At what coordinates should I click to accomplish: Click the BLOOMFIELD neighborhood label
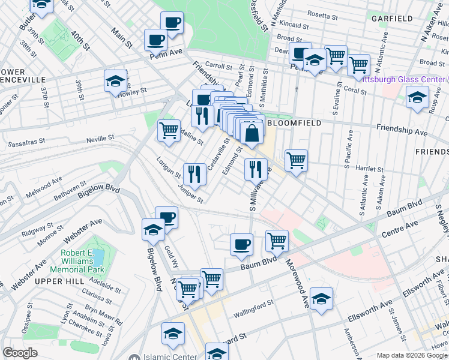click(x=294, y=122)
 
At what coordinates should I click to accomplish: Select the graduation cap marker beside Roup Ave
click(x=417, y=97)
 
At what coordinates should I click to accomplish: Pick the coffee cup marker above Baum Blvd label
click(x=241, y=244)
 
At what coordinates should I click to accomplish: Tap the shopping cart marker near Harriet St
click(x=296, y=160)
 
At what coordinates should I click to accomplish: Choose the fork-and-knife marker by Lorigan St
click(x=194, y=174)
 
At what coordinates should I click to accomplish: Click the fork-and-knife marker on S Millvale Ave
click(x=256, y=169)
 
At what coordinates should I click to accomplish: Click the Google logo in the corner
click(x=20, y=353)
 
